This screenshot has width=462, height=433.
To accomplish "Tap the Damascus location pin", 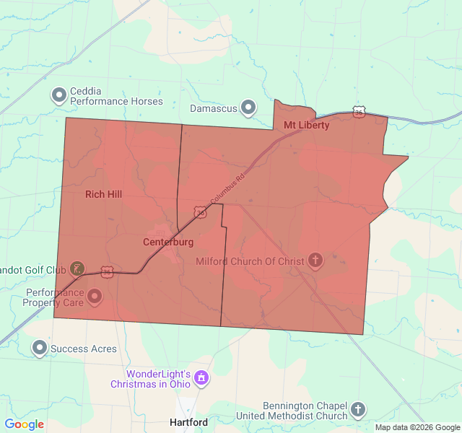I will pyautogui.click(x=248, y=108).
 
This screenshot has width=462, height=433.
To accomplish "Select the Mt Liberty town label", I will pyautogui.click(x=306, y=126).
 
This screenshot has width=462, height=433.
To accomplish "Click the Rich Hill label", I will pyautogui.click(x=103, y=194).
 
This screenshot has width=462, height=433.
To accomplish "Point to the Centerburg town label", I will pyautogui.click(x=168, y=242).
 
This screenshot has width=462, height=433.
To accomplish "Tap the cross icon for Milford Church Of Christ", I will pyautogui.click(x=315, y=261).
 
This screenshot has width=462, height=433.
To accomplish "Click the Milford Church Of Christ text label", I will pyautogui.click(x=250, y=261).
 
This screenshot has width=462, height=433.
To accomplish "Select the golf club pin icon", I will pyautogui.click(x=76, y=269).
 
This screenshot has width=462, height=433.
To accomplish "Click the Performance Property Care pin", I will pyautogui.click(x=95, y=296).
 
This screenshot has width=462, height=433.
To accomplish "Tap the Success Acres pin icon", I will pyautogui.click(x=40, y=349).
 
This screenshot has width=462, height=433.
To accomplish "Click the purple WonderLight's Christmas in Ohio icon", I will pyautogui.click(x=201, y=378).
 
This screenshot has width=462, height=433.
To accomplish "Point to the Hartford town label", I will pyautogui.click(x=188, y=422).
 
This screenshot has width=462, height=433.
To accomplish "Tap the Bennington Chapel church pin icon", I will pyautogui.click(x=358, y=411).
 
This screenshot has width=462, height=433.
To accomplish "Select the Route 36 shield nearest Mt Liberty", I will pyautogui.click(x=359, y=111).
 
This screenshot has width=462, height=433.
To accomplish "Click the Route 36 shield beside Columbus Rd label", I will pyautogui.click(x=200, y=211).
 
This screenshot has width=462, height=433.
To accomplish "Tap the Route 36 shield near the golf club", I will pyautogui.click(x=107, y=271).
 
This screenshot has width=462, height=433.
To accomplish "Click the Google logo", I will pyautogui.click(x=25, y=424).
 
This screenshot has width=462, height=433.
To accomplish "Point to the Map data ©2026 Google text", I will pyautogui.click(x=417, y=427).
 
